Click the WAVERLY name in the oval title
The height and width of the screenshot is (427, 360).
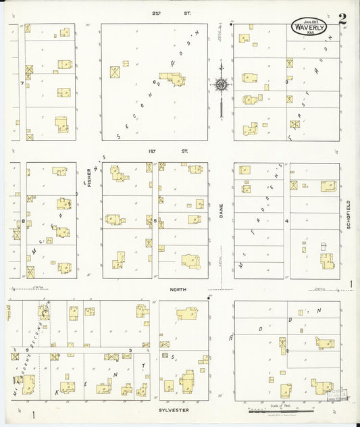(309, 27)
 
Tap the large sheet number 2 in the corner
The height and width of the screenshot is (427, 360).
(342, 19)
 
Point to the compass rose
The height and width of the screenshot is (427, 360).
(221, 84)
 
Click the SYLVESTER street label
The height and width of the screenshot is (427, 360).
(174, 410)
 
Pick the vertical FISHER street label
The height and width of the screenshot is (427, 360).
(89, 177)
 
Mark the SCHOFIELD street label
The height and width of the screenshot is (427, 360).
(349, 214)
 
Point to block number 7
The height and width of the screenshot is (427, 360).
(22, 83)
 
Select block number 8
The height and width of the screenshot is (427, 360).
(23, 221)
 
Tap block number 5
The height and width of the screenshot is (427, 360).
(155, 220)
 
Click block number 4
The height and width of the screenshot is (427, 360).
(286, 221)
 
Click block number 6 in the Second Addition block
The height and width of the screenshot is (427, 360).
(155, 83)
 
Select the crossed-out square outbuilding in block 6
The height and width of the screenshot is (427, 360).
(115, 71)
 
